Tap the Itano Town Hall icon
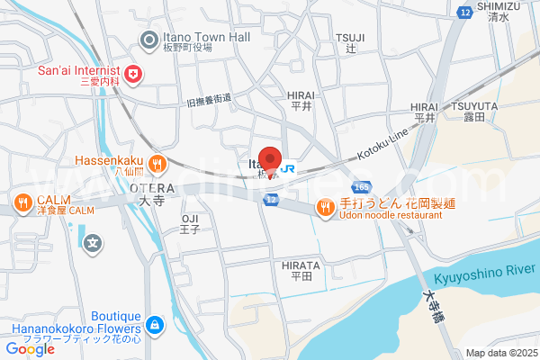point(149,37)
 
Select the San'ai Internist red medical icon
point(133,74)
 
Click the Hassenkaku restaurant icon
point(157,163)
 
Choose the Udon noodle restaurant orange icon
point(324,209)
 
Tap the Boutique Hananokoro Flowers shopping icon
point(155,323)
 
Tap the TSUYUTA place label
point(475,105)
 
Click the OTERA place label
point(145,187)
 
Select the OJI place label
point(189,219)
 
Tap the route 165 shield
point(362,186)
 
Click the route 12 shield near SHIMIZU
point(464,13)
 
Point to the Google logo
point(30,349)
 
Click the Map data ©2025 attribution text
point(500,353)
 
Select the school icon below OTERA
point(92,242)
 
